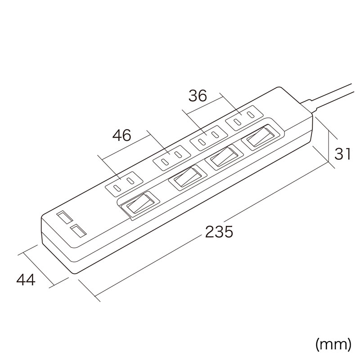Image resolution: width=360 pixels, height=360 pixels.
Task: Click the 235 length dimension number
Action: [219, 231]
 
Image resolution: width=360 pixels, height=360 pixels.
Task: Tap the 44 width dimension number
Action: [26, 279]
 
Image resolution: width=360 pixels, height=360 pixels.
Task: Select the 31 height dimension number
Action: [342, 153]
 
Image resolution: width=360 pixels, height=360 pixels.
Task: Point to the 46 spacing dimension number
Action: [121, 135]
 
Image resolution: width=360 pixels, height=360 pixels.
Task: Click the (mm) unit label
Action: [333, 344]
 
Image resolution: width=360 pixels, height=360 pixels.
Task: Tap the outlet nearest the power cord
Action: [244, 118]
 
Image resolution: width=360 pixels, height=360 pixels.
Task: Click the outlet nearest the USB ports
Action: [124, 184]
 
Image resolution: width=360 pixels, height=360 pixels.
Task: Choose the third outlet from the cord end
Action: [172, 158]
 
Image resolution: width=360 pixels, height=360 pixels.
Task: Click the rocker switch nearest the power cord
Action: [261, 137]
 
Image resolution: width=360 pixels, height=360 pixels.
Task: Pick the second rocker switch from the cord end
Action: [224, 157]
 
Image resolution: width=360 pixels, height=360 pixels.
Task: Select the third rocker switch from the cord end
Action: [188, 177]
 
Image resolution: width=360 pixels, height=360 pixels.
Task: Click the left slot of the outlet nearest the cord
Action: [238, 121]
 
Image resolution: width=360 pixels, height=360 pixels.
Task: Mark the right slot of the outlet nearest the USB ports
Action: [130, 181]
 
